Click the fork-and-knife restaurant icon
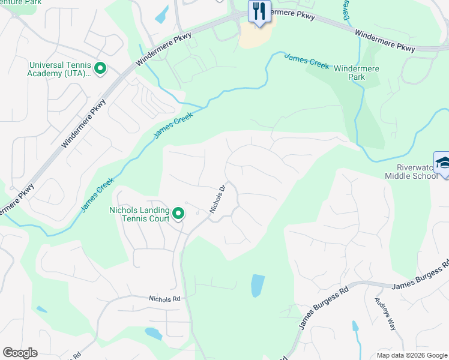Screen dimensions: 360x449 [x=259, y=12]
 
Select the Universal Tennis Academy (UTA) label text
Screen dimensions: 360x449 [x=58, y=69]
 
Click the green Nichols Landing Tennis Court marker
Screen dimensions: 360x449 [x=178, y=214]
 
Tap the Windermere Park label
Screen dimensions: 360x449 [x=357, y=73]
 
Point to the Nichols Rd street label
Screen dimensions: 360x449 [x=164, y=298]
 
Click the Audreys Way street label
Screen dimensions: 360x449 [x=385, y=314]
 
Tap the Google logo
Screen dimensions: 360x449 [x=20, y=353]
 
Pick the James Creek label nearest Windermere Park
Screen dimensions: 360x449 [x=307, y=61]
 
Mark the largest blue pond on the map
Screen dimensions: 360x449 [x=258, y=286]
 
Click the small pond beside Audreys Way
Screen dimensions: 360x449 [x=355, y=328]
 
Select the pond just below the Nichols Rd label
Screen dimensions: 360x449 [x=154, y=334]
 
